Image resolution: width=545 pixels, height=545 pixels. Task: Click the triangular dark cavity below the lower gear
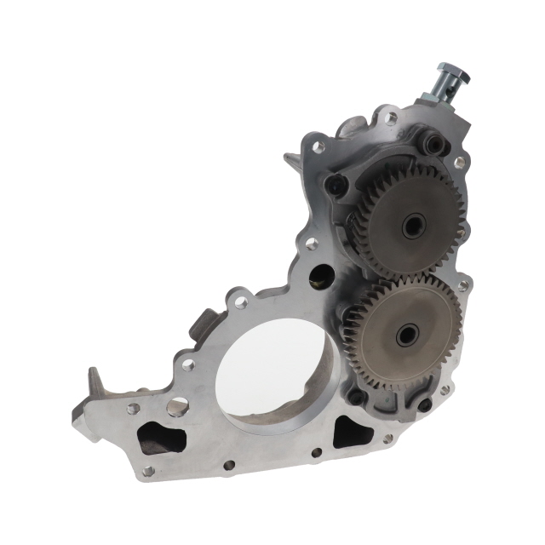pyautogui.click(x=352, y=433)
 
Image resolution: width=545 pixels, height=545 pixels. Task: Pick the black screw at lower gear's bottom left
pyautogui.click(x=355, y=396)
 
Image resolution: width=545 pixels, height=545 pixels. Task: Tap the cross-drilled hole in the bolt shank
pyautogui.click(x=439, y=89)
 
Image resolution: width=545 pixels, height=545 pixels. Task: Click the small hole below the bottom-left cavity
pyautogui.click(x=148, y=469)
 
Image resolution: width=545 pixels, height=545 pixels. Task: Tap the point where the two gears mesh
pyautogui.click(x=407, y=279)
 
